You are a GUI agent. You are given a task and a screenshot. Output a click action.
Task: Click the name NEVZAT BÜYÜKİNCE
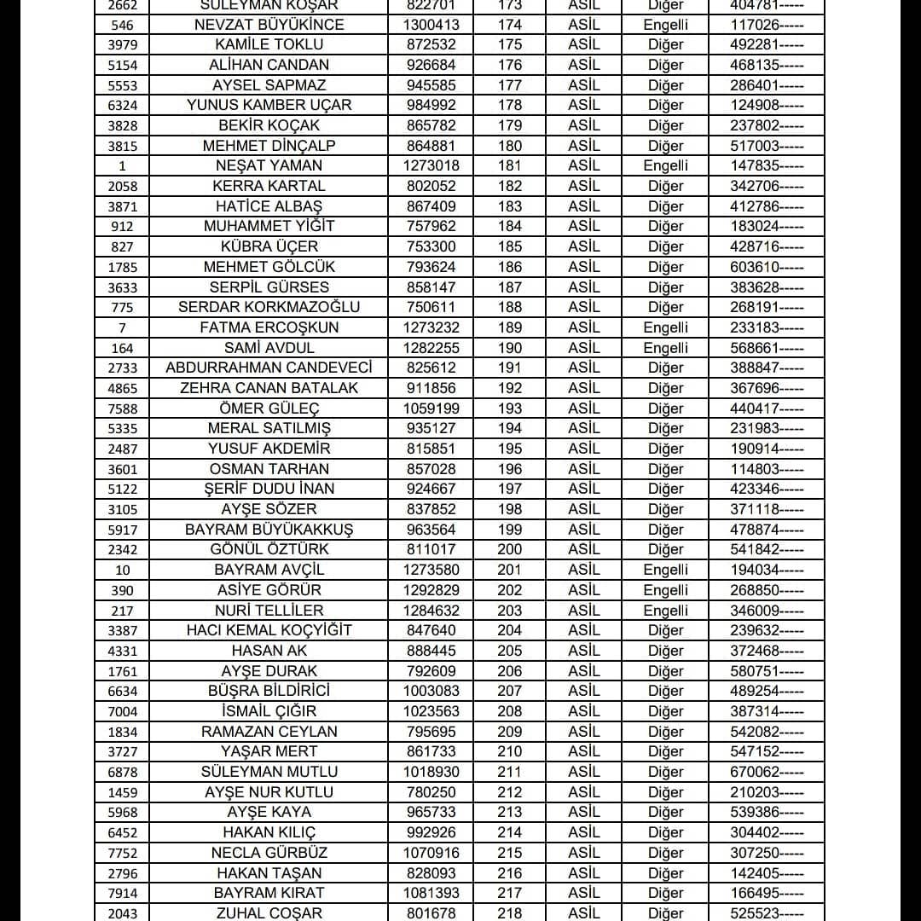coord(269,25)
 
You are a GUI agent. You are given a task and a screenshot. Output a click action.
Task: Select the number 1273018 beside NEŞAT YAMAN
coord(431,165)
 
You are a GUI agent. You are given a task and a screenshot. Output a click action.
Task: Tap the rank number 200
coord(510,549)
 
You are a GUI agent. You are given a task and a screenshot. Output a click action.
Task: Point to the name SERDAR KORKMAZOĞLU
coord(269,307)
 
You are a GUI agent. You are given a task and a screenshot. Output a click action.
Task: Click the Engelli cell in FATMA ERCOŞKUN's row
coord(665,327)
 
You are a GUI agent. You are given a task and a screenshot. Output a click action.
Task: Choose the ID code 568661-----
coord(766,348)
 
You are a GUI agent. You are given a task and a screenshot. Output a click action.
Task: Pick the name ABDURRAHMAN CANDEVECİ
coord(269,368)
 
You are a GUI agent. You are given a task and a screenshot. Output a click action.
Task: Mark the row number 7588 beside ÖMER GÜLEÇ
coord(123,409)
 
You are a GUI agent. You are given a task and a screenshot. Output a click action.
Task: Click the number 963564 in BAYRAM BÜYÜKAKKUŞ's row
coord(431,530)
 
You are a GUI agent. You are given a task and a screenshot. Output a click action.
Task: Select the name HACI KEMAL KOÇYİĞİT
coord(269,630)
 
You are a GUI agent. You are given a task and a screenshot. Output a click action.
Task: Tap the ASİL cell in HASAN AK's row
coord(584,651)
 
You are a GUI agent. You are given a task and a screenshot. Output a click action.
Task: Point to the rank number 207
coord(510,691)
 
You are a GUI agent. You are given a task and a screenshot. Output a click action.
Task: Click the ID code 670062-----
coord(766,772)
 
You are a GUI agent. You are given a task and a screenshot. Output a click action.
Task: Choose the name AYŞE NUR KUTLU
coord(269,792)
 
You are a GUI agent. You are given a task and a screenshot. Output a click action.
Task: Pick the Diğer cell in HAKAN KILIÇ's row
coord(665,832)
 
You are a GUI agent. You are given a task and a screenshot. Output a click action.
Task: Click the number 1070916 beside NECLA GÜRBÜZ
coord(431,853)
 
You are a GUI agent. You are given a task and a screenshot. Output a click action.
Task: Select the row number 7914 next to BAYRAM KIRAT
coord(123,894)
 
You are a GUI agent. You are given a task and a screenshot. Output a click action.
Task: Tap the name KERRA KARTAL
coord(269,186)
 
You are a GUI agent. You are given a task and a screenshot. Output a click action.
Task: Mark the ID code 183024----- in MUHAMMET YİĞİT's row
coord(766,226)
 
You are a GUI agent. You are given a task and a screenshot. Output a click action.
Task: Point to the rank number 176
coord(510,65)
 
